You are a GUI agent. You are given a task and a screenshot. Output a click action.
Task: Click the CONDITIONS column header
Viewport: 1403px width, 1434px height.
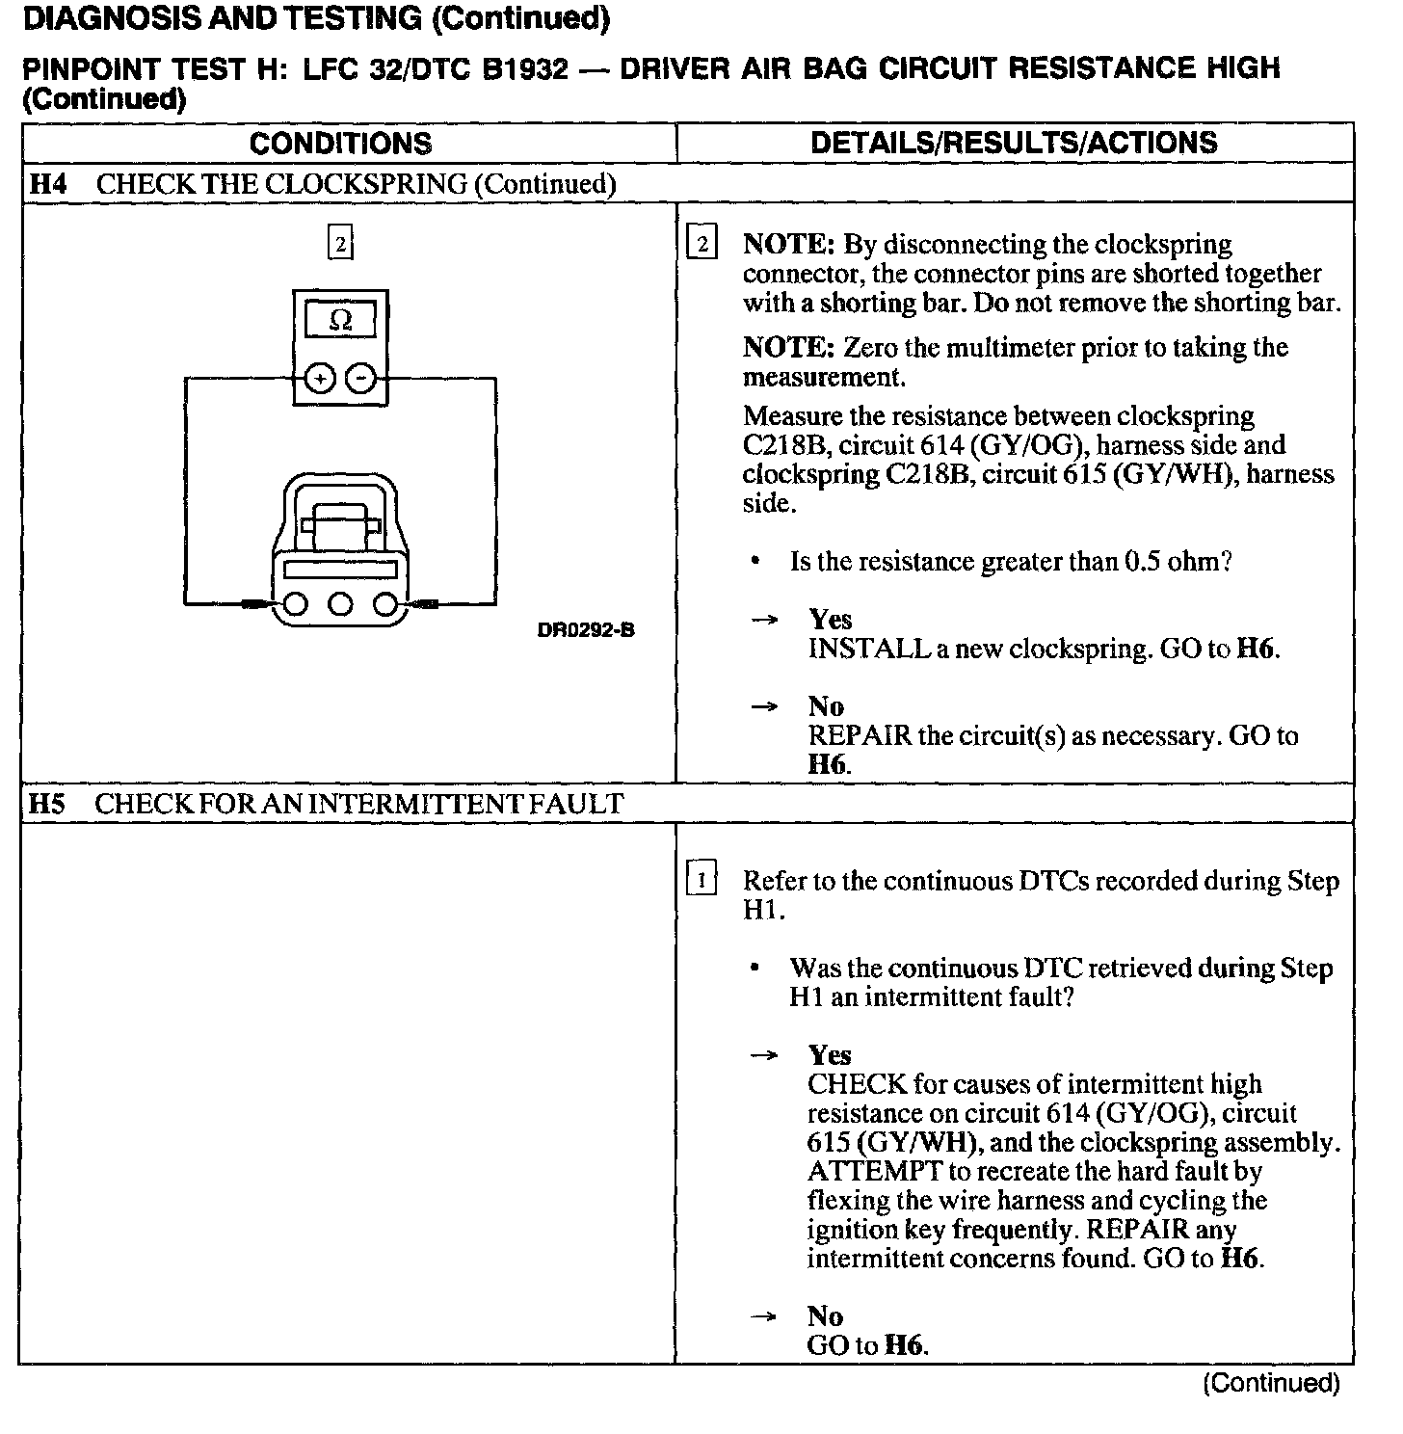[x=340, y=144]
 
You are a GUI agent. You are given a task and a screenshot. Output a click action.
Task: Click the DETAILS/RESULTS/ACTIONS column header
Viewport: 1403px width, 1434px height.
[x=1014, y=143]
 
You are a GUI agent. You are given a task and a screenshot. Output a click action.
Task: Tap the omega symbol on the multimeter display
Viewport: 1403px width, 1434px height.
[x=340, y=320]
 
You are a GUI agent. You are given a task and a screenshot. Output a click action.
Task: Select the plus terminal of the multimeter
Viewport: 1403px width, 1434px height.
[x=319, y=380]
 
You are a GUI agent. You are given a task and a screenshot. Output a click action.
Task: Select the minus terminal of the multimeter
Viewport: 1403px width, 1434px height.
[x=360, y=380]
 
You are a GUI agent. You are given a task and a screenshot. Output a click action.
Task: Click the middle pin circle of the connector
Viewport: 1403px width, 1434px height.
[x=340, y=604]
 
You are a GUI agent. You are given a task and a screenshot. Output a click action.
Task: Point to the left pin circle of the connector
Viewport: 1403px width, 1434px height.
[x=295, y=604]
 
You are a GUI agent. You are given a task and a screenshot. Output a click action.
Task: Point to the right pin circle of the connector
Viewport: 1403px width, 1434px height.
[x=385, y=604]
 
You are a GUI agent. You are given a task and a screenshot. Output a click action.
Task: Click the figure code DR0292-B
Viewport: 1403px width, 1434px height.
[x=586, y=631]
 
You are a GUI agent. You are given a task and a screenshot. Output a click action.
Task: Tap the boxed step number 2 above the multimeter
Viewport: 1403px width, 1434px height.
[x=340, y=243]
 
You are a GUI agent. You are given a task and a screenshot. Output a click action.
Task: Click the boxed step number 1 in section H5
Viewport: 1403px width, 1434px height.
[x=701, y=880]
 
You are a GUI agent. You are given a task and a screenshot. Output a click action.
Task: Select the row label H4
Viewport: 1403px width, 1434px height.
[x=48, y=184]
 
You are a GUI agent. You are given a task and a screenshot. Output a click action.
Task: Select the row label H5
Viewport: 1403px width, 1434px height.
[x=47, y=804]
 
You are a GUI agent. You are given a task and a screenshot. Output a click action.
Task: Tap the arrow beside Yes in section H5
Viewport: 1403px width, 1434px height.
[x=764, y=1056]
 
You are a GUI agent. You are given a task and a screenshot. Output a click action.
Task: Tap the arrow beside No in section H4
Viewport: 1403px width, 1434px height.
[x=764, y=707]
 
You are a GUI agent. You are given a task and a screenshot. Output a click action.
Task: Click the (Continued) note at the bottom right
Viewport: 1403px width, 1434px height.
[x=1271, y=1384]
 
